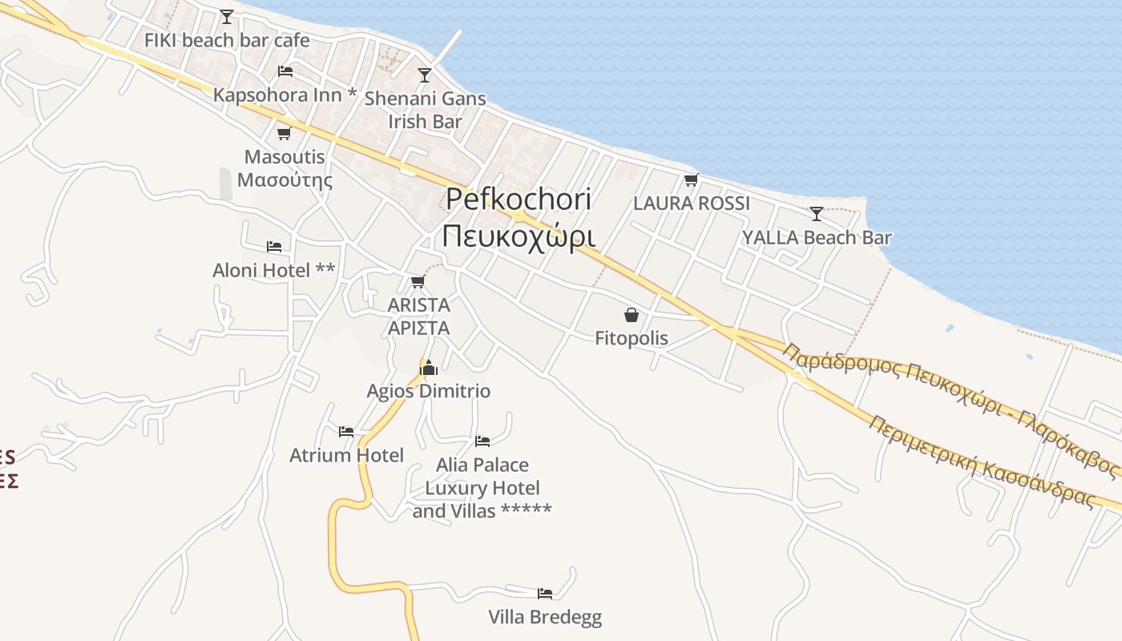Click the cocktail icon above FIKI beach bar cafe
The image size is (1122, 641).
coord(227,16)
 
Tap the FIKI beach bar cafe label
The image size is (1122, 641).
coord(227,40)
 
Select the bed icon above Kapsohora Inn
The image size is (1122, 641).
coord(285,71)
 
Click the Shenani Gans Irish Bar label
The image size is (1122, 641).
coord(425,110)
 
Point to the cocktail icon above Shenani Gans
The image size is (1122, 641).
coord(425,75)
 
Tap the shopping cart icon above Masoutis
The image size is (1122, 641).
coord(284,133)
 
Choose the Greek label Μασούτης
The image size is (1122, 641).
coord(285,179)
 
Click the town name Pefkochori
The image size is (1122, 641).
coord(519,200)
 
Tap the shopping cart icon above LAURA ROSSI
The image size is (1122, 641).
coord(691,179)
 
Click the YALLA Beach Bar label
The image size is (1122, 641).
coord(816,238)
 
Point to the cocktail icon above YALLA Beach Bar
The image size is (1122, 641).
coord(816,213)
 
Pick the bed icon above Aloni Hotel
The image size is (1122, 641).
coord(273,246)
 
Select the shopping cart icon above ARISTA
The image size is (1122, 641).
coord(418,281)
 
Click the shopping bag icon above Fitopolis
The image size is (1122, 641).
coord(632,315)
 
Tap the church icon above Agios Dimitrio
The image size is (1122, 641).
coord(429,368)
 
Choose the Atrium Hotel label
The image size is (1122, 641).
coord(346,456)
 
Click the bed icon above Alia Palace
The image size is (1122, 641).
coord(482,441)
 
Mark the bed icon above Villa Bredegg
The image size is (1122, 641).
coord(545,594)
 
